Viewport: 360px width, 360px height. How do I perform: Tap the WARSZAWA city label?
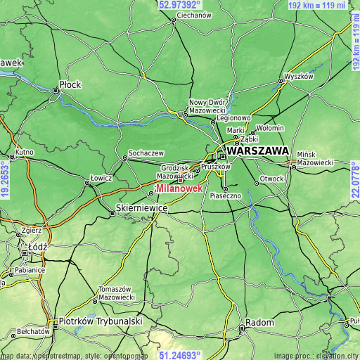[x=257, y=151]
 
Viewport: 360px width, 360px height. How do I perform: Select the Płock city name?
[x=70, y=84]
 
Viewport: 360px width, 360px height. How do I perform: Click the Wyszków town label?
[x=298, y=76]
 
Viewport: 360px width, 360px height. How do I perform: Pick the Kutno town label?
[x=24, y=152]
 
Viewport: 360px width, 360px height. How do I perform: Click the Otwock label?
[x=271, y=179]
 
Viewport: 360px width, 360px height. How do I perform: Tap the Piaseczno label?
[x=226, y=197]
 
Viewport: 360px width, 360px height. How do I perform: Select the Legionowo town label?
[x=233, y=118]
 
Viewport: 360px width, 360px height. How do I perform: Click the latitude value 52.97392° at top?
[x=180, y=4]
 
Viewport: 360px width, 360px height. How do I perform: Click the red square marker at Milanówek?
[x=179, y=180]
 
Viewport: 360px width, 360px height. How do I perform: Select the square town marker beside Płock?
[x=56, y=90]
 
